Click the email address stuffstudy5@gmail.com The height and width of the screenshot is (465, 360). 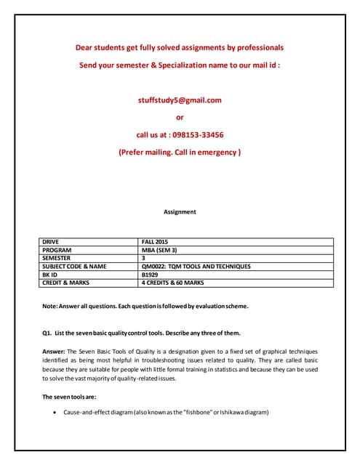(x=180, y=100)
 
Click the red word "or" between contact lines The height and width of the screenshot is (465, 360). (x=180, y=118)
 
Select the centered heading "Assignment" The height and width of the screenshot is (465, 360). (x=180, y=212)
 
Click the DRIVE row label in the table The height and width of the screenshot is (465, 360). (x=51, y=240)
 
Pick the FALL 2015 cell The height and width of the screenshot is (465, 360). (x=155, y=240)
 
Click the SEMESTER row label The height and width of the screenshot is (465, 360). (x=57, y=257)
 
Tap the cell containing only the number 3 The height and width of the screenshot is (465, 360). (x=143, y=257)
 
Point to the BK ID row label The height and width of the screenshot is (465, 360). (x=50, y=275)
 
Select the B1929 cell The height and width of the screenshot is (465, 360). (x=149, y=275)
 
